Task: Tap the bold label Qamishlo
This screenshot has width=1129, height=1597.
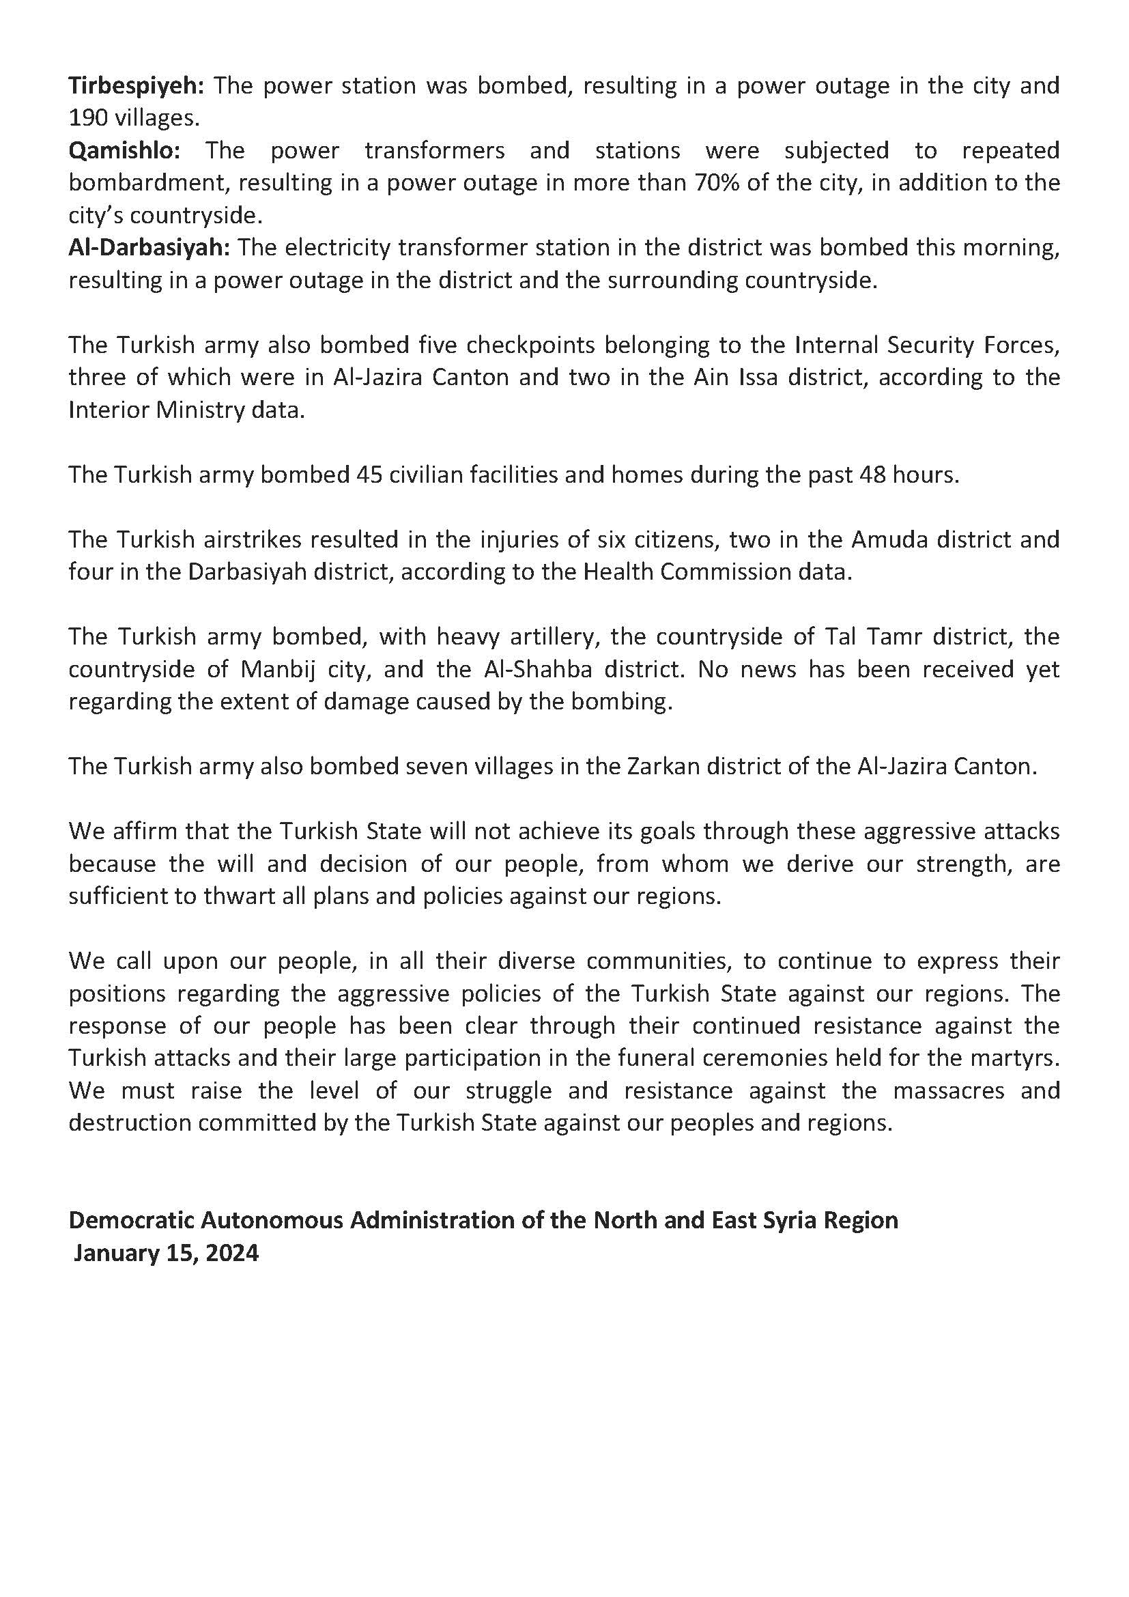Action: [x=124, y=151]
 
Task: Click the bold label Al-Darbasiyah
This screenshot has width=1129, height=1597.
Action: [x=149, y=248]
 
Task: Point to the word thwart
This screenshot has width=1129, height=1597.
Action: [x=248, y=896]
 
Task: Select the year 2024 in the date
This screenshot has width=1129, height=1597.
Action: [x=232, y=1253]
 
